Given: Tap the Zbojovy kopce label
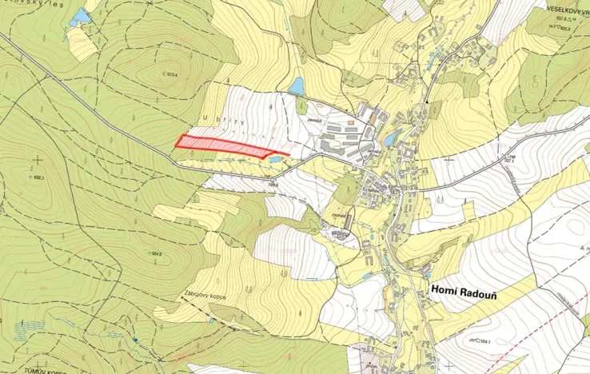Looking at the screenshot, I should pyautogui.click(x=204, y=296).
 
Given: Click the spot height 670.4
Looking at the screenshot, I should pyautogui.click(x=169, y=75).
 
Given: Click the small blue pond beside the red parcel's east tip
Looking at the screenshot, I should pyautogui.click(x=276, y=160).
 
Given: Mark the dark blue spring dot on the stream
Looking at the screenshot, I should pyautogui.click(x=137, y=340).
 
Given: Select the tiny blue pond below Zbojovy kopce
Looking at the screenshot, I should pyautogui.click(x=213, y=320).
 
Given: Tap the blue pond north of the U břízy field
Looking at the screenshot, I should pyautogui.click(x=297, y=86).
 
